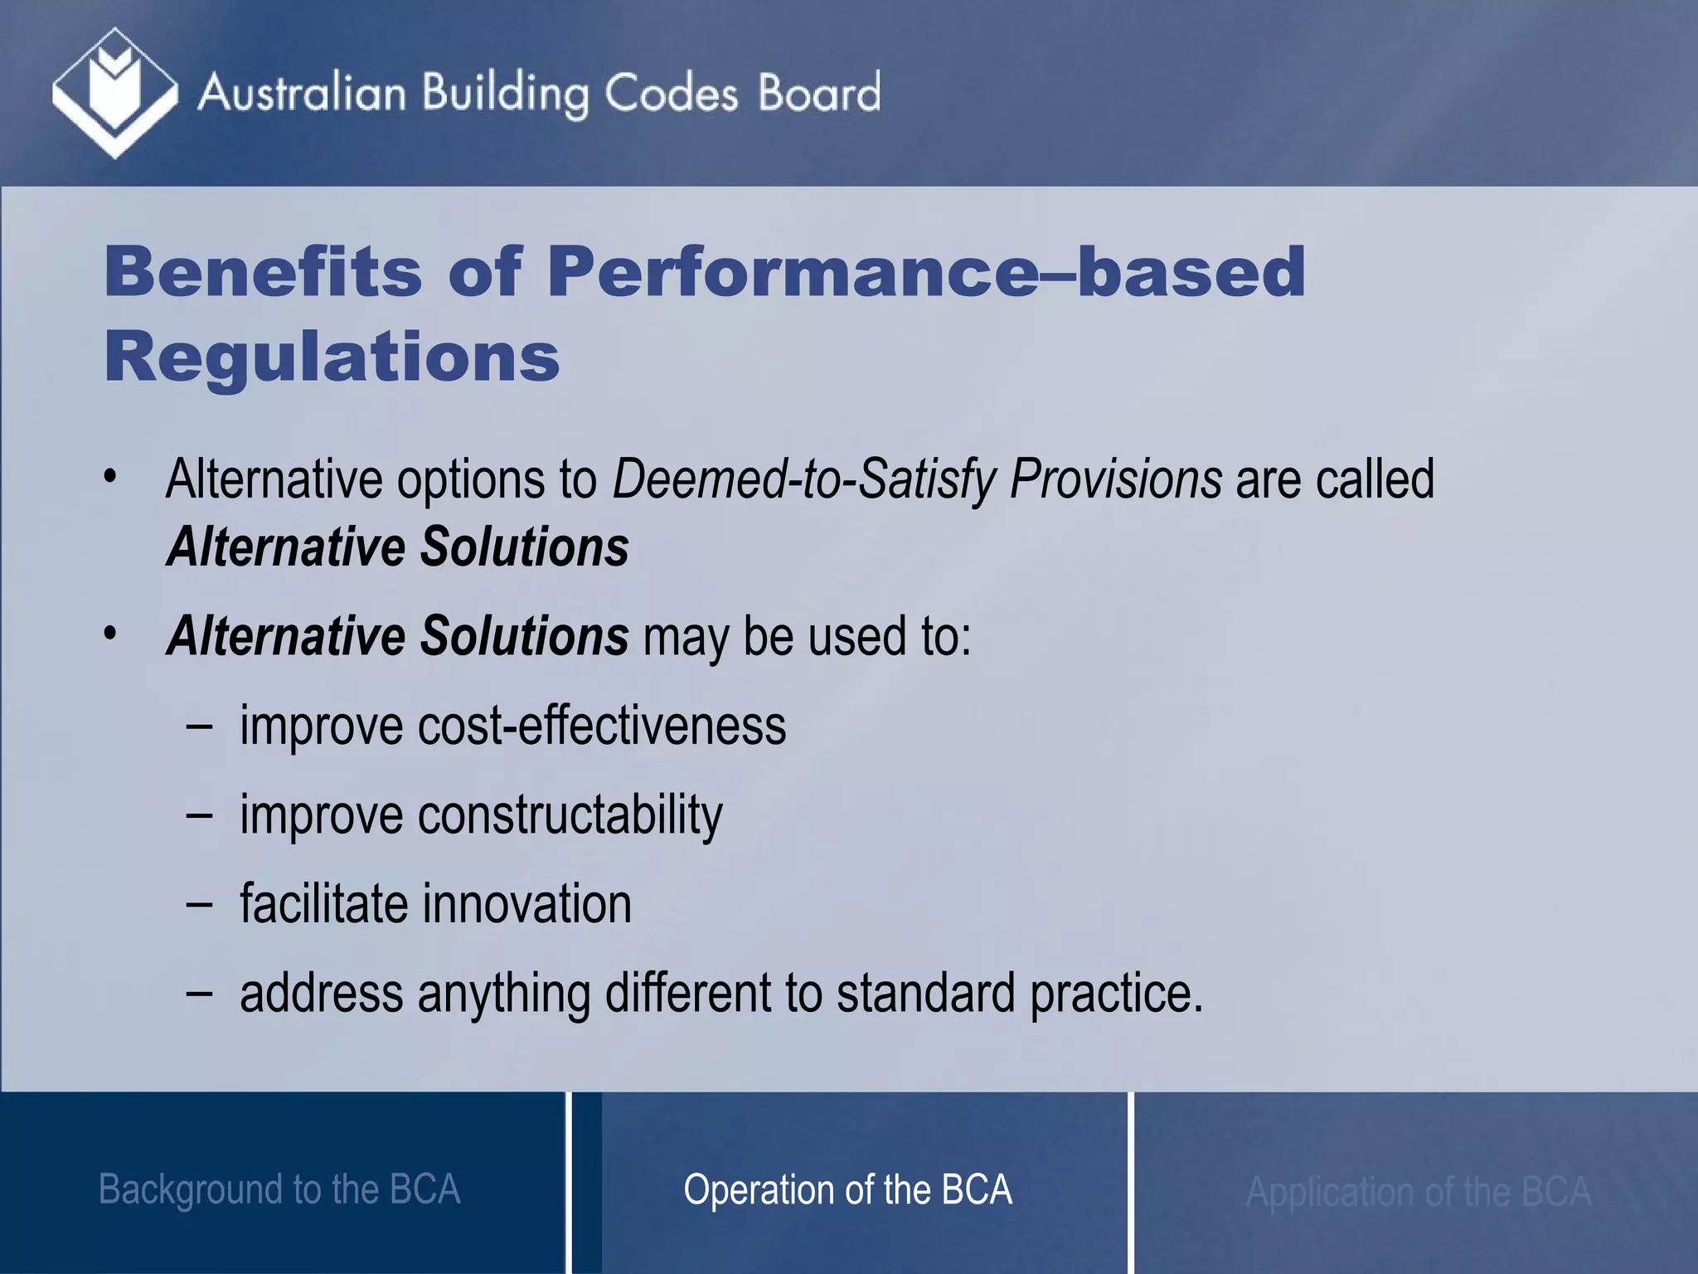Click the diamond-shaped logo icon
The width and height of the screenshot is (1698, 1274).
click(114, 93)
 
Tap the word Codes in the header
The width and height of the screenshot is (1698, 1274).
click(670, 93)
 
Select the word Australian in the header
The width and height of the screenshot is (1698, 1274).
click(302, 93)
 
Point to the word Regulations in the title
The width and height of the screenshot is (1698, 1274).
click(332, 357)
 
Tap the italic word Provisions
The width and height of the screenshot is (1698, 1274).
click(1115, 479)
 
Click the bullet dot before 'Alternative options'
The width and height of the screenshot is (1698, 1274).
click(110, 477)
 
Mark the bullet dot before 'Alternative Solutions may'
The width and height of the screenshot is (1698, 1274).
click(110, 634)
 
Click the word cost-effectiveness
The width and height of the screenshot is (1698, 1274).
click(602, 726)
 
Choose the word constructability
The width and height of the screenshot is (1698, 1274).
click(570, 815)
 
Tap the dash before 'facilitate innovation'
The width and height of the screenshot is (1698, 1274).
click(199, 905)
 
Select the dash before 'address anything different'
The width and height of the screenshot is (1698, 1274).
click(199, 994)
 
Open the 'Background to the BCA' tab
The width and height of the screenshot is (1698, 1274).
click(279, 1189)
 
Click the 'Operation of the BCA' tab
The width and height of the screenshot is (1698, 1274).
click(847, 1189)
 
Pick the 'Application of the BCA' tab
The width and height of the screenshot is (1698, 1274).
click(1418, 1191)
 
